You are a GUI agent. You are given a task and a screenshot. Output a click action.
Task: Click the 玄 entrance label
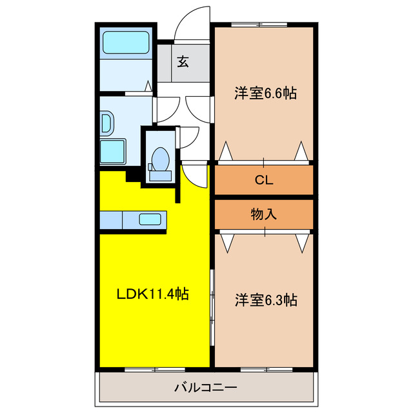tap(183, 62)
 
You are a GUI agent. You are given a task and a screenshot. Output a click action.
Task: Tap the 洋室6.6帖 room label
tap(265, 94)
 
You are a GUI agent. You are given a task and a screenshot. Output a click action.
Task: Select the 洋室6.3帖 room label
tap(265, 300)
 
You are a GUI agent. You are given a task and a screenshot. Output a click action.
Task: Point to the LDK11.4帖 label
tap(152, 295)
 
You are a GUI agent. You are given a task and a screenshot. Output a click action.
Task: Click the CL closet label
tap(264, 180)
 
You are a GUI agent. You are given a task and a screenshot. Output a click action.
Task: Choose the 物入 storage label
tap(264, 214)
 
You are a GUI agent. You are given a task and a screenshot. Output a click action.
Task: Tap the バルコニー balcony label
tap(205, 388)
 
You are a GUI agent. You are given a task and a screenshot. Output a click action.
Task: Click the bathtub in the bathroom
tap(126, 43)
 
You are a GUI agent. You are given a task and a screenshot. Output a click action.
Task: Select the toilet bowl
tap(159, 157)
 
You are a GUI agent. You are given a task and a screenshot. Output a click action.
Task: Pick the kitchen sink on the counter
tap(152, 219)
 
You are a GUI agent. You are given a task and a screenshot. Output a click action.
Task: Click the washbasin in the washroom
tap(106, 123)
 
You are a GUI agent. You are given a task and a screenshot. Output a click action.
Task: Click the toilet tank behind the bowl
tap(159, 173)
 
